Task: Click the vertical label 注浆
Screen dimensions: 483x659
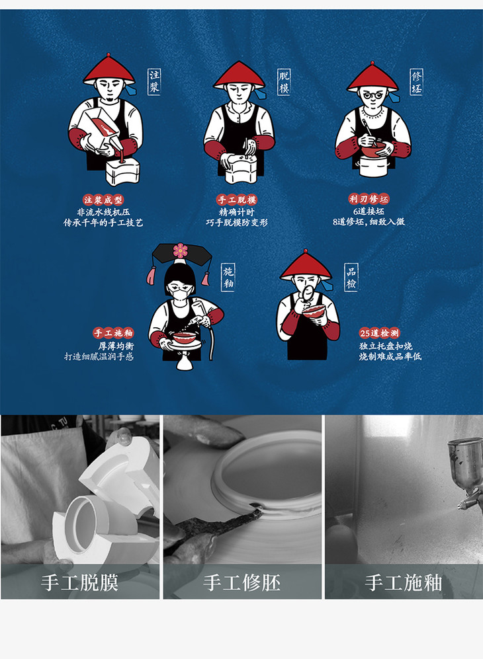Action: tap(154, 82)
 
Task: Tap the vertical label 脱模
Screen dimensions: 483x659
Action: tap(284, 83)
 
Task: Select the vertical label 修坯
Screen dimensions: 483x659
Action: tap(417, 82)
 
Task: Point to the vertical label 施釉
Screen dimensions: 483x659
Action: tap(228, 278)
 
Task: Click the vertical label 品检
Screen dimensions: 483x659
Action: tap(351, 278)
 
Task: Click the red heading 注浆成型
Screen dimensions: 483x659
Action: tap(103, 200)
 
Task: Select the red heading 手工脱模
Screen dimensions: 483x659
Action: tap(237, 200)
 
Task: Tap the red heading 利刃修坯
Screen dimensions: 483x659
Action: tap(369, 199)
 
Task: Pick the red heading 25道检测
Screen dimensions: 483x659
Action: tap(380, 333)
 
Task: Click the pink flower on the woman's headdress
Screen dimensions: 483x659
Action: tap(180, 251)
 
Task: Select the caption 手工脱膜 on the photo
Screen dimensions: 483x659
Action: tap(79, 583)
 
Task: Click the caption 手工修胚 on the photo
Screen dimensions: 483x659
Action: tap(242, 583)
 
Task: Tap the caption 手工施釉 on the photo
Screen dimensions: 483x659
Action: tap(404, 583)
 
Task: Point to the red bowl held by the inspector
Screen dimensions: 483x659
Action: tap(314, 311)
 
